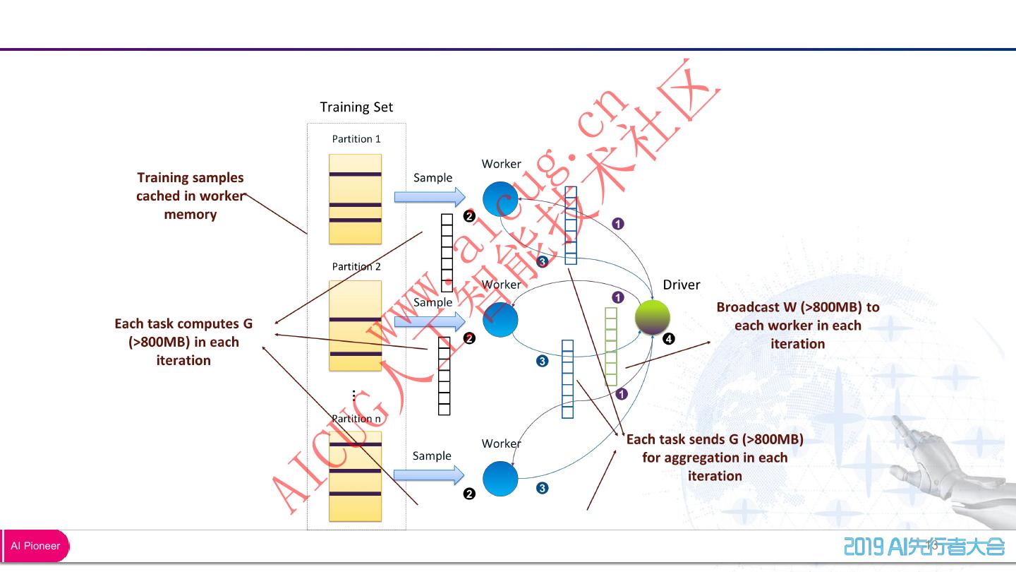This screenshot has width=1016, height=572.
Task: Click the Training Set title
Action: [x=356, y=107]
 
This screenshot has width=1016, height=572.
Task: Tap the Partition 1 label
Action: [x=356, y=139]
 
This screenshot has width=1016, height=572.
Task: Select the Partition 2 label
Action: [x=356, y=267]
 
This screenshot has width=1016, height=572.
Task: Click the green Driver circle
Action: [x=652, y=317]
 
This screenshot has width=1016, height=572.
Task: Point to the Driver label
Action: [x=681, y=285]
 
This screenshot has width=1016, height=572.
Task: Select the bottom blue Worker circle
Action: [x=500, y=478]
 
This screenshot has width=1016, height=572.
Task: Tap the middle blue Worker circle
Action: [x=500, y=319]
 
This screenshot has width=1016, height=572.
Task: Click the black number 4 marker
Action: [x=669, y=339]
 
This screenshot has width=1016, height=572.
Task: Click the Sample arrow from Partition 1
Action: [x=429, y=196]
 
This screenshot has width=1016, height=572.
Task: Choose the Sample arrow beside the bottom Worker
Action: [x=429, y=474]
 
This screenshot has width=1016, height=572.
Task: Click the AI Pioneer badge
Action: [x=36, y=546]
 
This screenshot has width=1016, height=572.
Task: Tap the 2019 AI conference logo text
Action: [x=924, y=546]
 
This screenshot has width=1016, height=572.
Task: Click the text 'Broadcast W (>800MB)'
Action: [x=798, y=307]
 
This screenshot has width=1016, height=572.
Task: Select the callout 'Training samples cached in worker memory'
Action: [x=190, y=196]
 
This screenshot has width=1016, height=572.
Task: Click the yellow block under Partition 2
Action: [x=356, y=326]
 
